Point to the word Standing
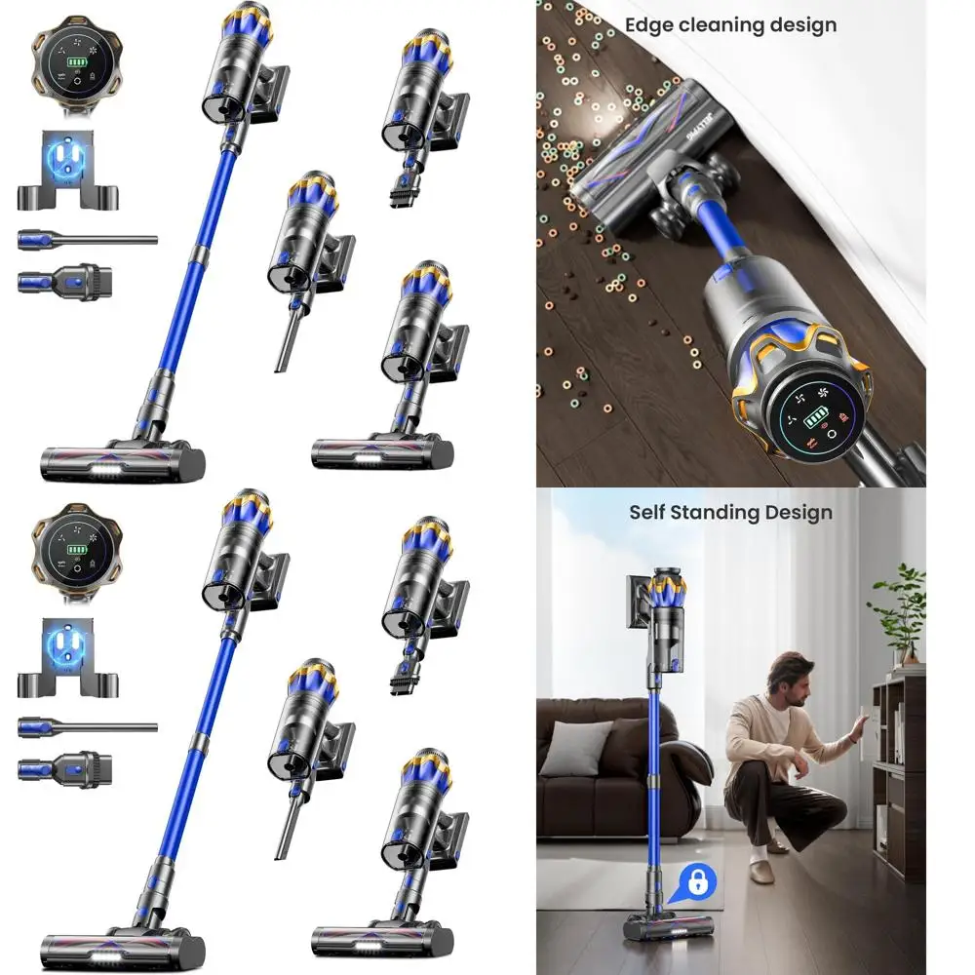pos(718,512)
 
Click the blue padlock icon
pos(697,883)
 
